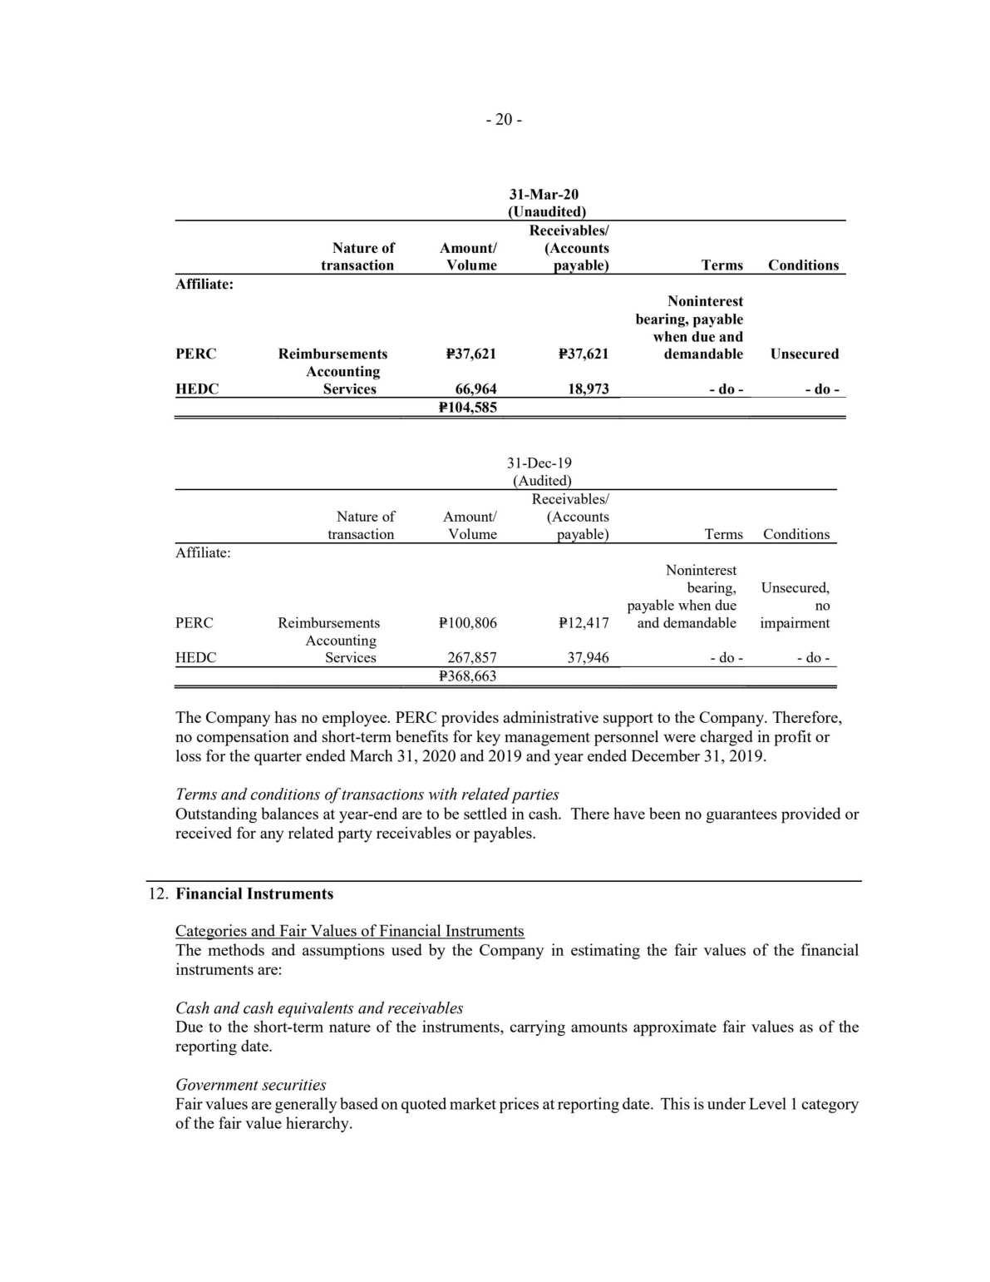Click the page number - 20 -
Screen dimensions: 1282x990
[x=504, y=120]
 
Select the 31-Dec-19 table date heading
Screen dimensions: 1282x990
[x=539, y=463]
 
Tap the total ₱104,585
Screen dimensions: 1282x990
[x=467, y=407]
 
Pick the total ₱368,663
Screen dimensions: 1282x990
[x=467, y=676]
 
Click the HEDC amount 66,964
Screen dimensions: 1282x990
[x=473, y=389]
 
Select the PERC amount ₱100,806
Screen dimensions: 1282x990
[x=467, y=623]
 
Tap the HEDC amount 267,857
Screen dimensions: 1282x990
[x=472, y=658]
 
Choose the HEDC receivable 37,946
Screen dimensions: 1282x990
[x=588, y=658]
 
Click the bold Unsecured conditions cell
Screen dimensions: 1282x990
[x=804, y=354]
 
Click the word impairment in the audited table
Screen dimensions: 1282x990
[x=795, y=623]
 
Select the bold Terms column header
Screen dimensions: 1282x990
[x=722, y=265]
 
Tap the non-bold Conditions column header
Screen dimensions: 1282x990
[x=795, y=534]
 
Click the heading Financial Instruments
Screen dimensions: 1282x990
[x=254, y=894]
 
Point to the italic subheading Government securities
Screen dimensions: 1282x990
[x=250, y=1085]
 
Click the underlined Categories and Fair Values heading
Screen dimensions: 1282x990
[x=349, y=931]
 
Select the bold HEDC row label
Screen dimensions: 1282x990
[x=197, y=389]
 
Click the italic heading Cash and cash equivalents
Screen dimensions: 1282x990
[x=319, y=1008]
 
